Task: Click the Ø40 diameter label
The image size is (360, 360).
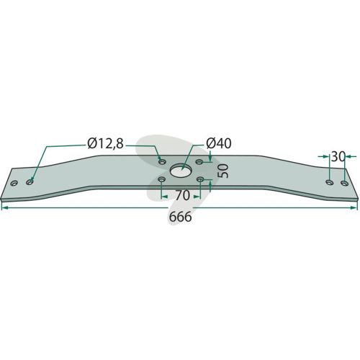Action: [x=219, y=143]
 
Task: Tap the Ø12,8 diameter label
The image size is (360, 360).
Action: [x=105, y=144]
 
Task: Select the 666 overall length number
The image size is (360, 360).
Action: [x=181, y=217]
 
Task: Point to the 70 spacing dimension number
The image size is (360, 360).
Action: [x=182, y=196]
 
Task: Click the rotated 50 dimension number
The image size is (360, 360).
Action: [x=223, y=171]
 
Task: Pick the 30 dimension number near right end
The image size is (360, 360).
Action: [x=338, y=157]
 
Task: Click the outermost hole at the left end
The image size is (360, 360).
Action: [x=14, y=184]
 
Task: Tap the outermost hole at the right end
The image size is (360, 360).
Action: [x=345, y=183]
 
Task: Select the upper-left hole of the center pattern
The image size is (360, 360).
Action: [x=163, y=162]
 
